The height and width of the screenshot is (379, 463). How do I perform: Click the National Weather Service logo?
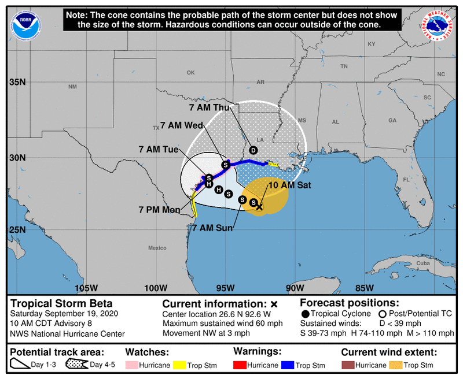tap(436, 25)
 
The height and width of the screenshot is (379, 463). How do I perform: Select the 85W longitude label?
tap(364, 288)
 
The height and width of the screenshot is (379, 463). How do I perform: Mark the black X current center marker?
tap(260, 206)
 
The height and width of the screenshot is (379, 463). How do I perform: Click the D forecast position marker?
tap(253, 150)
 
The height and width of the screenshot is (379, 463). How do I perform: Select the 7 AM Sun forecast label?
tap(212, 228)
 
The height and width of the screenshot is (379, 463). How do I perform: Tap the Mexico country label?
tap(156, 248)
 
